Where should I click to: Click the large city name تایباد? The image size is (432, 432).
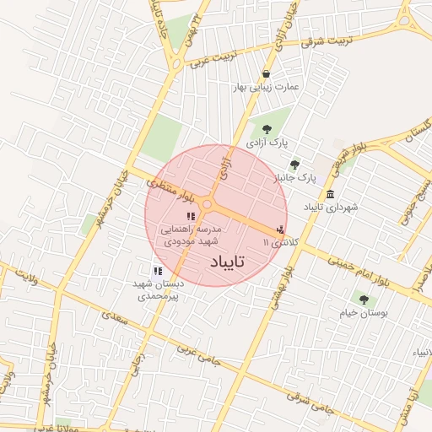click(x=224, y=262)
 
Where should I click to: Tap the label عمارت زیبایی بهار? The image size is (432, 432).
click(x=267, y=87)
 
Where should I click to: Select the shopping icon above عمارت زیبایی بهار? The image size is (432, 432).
click(x=267, y=73)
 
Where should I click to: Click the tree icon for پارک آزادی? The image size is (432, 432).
click(x=267, y=129)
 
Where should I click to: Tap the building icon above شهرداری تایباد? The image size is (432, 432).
click(x=330, y=194)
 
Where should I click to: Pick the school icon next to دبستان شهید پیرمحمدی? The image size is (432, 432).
click(x=157, y=271)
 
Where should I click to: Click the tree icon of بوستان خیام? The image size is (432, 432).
click(x=364, y=299)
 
